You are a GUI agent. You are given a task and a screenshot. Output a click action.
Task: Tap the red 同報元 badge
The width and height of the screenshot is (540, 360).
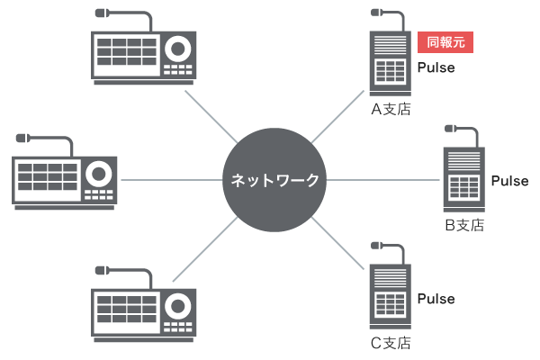coord(445,42)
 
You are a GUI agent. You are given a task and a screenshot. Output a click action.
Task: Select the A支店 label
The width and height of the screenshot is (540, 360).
coord(391,110)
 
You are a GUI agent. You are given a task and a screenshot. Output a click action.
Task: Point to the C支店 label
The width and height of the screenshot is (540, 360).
coord(391,342)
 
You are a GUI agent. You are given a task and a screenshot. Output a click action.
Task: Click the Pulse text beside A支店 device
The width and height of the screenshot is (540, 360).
coord(436,67)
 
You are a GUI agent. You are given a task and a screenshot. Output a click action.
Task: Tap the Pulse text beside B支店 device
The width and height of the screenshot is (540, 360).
coord(510,182)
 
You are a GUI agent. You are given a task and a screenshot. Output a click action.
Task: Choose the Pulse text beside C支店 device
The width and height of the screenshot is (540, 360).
coord(436,299)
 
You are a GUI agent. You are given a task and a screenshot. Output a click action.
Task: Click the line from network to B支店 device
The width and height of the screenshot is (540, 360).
coord(382,179)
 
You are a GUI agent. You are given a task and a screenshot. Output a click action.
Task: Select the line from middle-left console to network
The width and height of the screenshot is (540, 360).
coord(171,179)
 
